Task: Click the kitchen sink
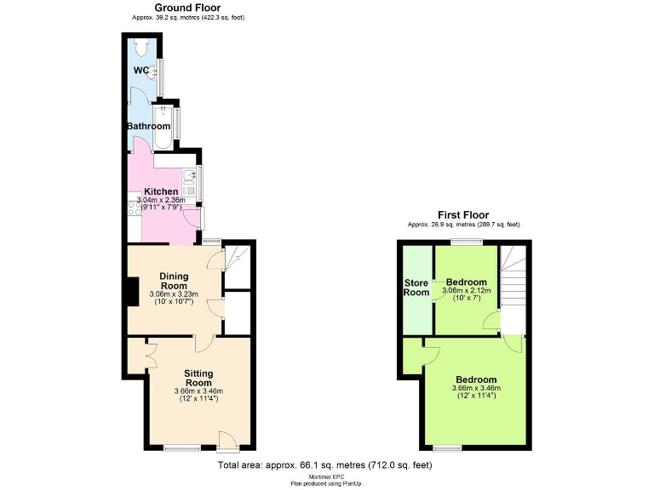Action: coord(189,179)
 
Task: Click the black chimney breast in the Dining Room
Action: coord(132,291)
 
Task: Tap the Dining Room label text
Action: coord(180,281)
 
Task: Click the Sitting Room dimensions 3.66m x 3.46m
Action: coord(198,391)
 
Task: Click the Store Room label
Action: coord(416,288)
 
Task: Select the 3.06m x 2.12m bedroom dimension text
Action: coord(466,291)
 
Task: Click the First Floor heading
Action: coord(462,214)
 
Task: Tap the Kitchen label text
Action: coord(161,191)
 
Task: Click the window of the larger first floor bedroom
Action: coord(446,447)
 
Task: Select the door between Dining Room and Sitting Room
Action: coord(203,343)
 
